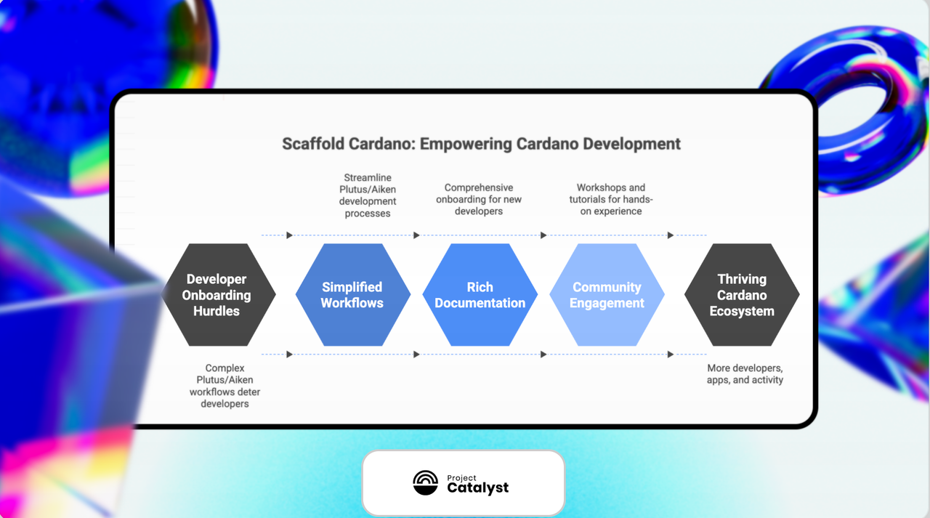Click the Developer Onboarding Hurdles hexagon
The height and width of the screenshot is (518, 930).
(219, 295)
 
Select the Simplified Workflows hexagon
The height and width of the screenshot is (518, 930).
(353, 295)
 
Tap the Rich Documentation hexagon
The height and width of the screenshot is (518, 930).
(480, 295)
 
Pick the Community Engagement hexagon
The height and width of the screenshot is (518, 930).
(607, 295)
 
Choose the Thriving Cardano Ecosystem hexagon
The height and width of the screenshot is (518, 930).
(742, 295)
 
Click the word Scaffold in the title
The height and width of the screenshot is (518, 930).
(313, 144)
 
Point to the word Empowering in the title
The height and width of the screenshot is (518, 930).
(466, 145)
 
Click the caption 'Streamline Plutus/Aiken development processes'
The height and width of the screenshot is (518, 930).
(368, 195)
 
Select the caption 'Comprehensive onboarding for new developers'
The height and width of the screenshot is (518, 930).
(479, 199)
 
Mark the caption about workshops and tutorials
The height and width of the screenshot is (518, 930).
(611, 199)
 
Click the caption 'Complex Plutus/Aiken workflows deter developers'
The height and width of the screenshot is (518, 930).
(225, 386)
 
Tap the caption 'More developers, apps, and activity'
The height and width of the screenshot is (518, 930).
(745, 374)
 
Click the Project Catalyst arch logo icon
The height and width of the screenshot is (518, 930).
(426, 482)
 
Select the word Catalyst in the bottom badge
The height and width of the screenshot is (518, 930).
(477, 487)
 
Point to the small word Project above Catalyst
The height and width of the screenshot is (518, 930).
(461, 478)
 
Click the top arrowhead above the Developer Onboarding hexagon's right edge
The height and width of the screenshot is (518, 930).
(289, 235)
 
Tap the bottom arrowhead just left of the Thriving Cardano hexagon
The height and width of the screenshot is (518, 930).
(670, 355)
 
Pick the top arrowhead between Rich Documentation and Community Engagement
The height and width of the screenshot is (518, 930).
(543, 235)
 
